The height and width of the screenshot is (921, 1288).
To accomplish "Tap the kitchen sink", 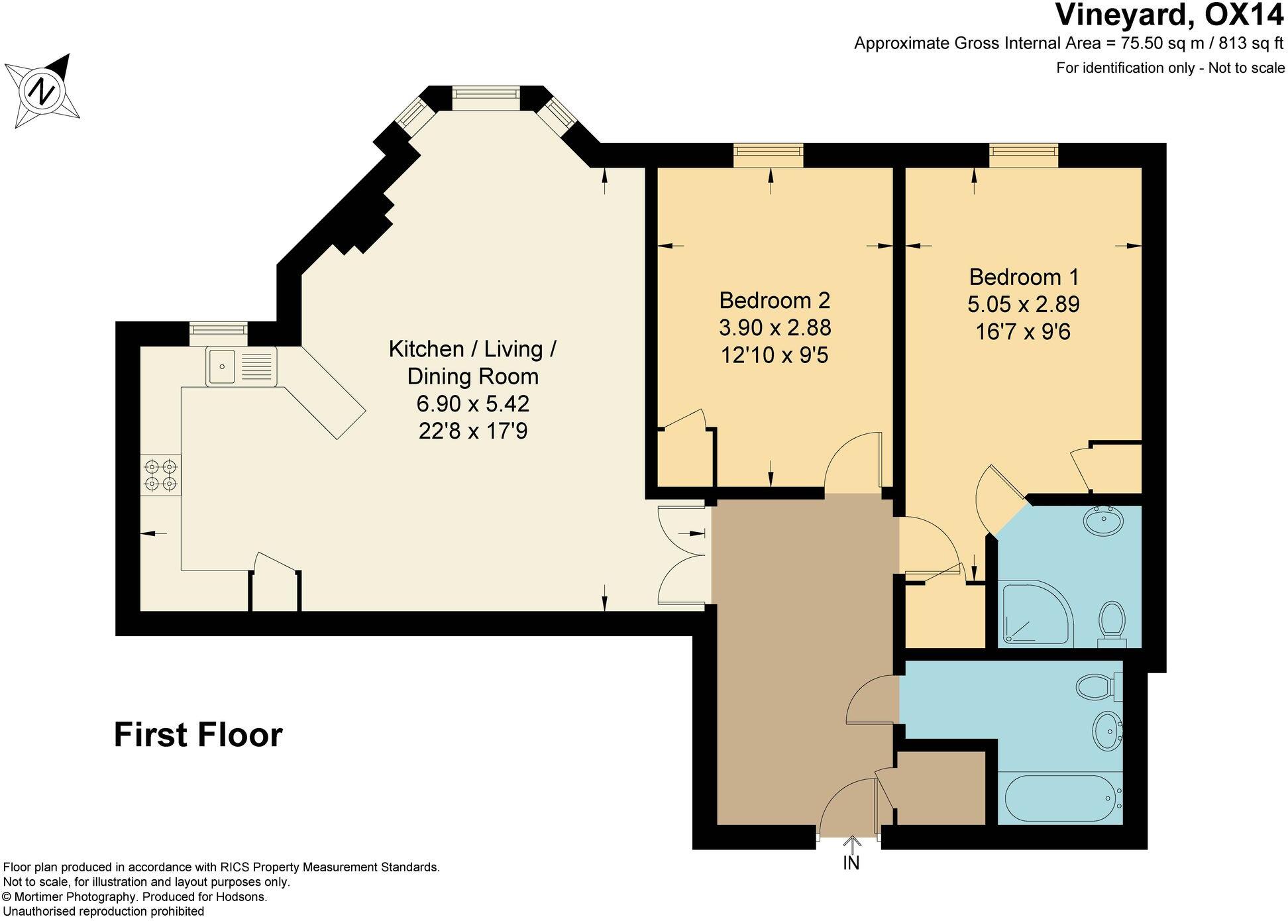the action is point(241,366).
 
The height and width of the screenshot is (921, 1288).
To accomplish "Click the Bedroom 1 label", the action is point(1024,276).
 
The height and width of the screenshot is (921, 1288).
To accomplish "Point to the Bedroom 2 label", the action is point(775,301).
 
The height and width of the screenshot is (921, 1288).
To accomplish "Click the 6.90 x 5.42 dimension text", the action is point(472,404).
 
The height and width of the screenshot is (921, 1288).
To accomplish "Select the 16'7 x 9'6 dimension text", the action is point(1023,331).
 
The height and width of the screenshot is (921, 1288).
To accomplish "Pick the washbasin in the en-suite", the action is point(1102,521).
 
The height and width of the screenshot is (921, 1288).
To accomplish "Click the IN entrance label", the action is point(851,863).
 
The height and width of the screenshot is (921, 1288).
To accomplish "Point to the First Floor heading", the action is point(198,735).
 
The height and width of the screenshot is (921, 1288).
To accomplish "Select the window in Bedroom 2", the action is point(769,156).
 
